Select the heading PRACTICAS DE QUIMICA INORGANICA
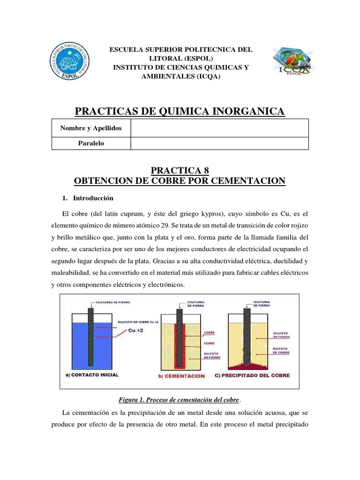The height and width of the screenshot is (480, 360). (180, 111)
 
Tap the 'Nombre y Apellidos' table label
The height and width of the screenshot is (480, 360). (91, 128)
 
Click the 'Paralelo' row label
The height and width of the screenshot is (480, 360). (91, 143)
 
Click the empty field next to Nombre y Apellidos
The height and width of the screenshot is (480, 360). (219, 128)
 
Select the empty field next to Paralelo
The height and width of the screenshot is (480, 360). (219, 143)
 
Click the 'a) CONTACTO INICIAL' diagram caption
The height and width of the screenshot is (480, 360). (92, 375)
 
